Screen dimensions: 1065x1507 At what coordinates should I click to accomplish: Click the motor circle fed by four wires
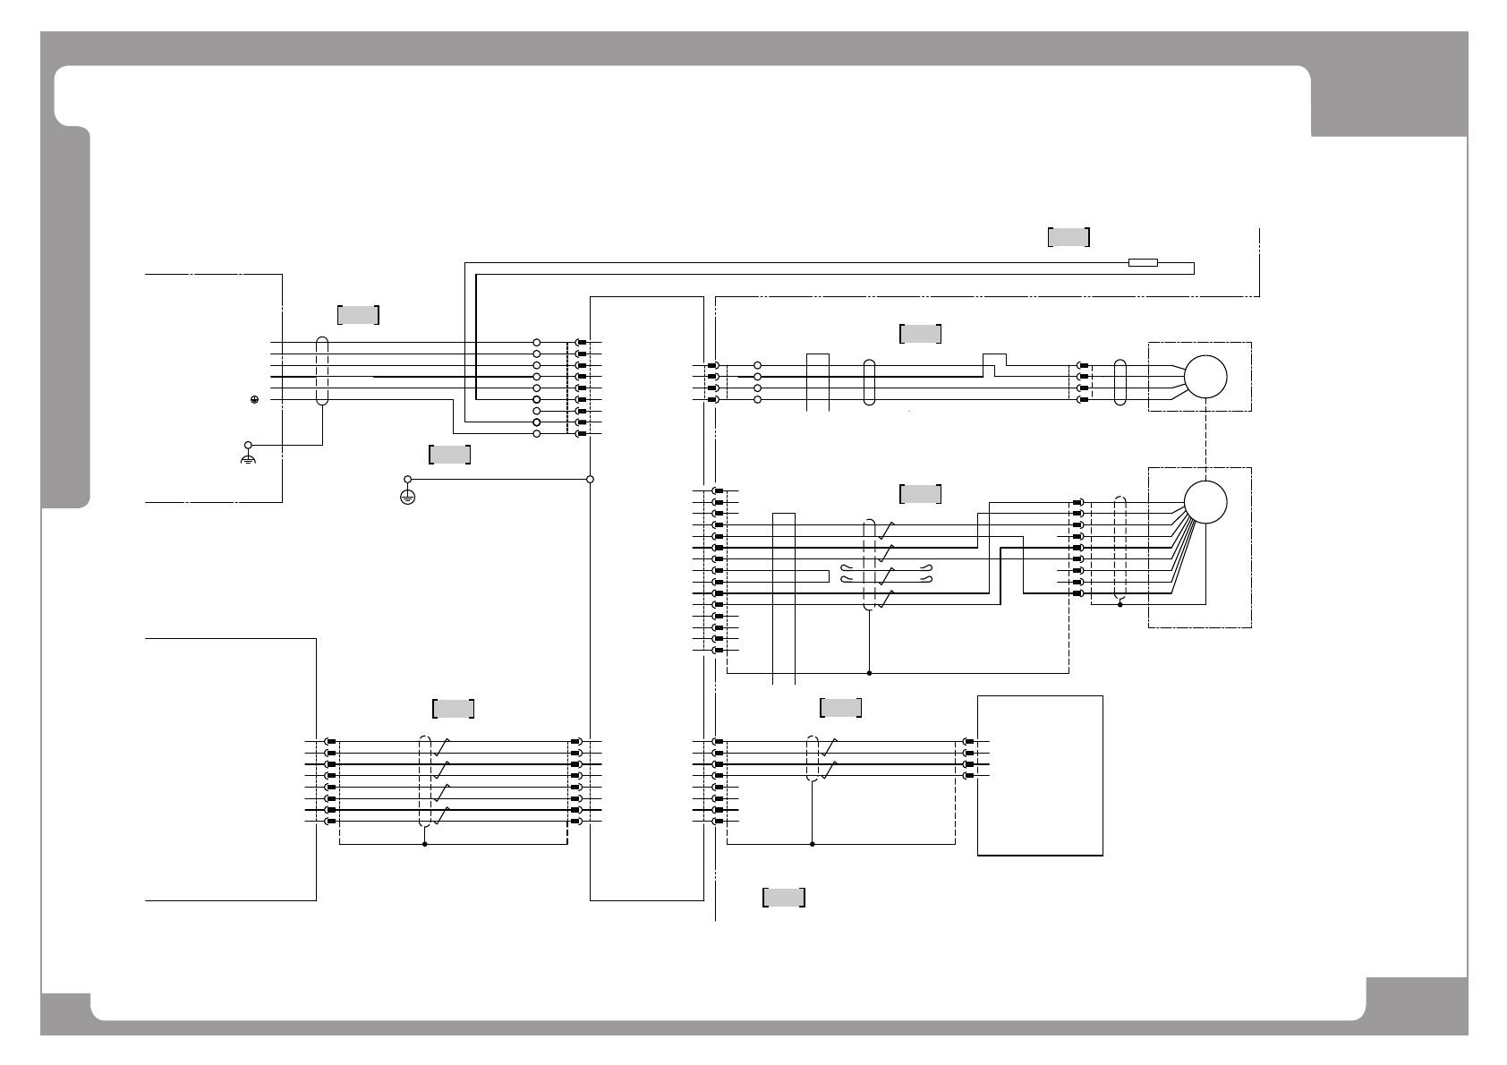point(1205,377)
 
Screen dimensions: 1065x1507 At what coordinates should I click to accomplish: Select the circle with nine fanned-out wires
point(1205,502)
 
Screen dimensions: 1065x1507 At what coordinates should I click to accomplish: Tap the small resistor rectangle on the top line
point(1143,263)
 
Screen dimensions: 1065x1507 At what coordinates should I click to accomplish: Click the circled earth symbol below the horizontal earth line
point(407,497)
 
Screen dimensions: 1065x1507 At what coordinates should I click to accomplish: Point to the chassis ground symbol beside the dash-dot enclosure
point(248,457)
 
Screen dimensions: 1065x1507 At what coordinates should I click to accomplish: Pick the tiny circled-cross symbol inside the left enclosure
point(255,399)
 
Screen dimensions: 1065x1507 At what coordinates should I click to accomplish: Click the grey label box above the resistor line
point(1069,237)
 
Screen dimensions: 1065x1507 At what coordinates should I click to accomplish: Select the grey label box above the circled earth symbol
point(449,455)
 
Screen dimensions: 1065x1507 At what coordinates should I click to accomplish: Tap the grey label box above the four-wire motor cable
point(920,334)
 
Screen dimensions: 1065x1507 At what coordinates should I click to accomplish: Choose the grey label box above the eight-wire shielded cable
point(453,709)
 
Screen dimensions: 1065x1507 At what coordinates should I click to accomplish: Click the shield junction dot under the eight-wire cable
point(424,844)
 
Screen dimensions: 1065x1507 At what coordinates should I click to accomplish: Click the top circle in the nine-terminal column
point(537,343)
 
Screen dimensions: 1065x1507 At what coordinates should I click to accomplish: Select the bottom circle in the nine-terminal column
point(537,434)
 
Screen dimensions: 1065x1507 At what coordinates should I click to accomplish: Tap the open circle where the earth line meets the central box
point(590,479)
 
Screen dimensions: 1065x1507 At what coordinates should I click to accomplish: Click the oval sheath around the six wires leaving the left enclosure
point(322,371)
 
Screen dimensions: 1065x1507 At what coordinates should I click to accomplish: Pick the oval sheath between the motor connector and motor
point(1120,383)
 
